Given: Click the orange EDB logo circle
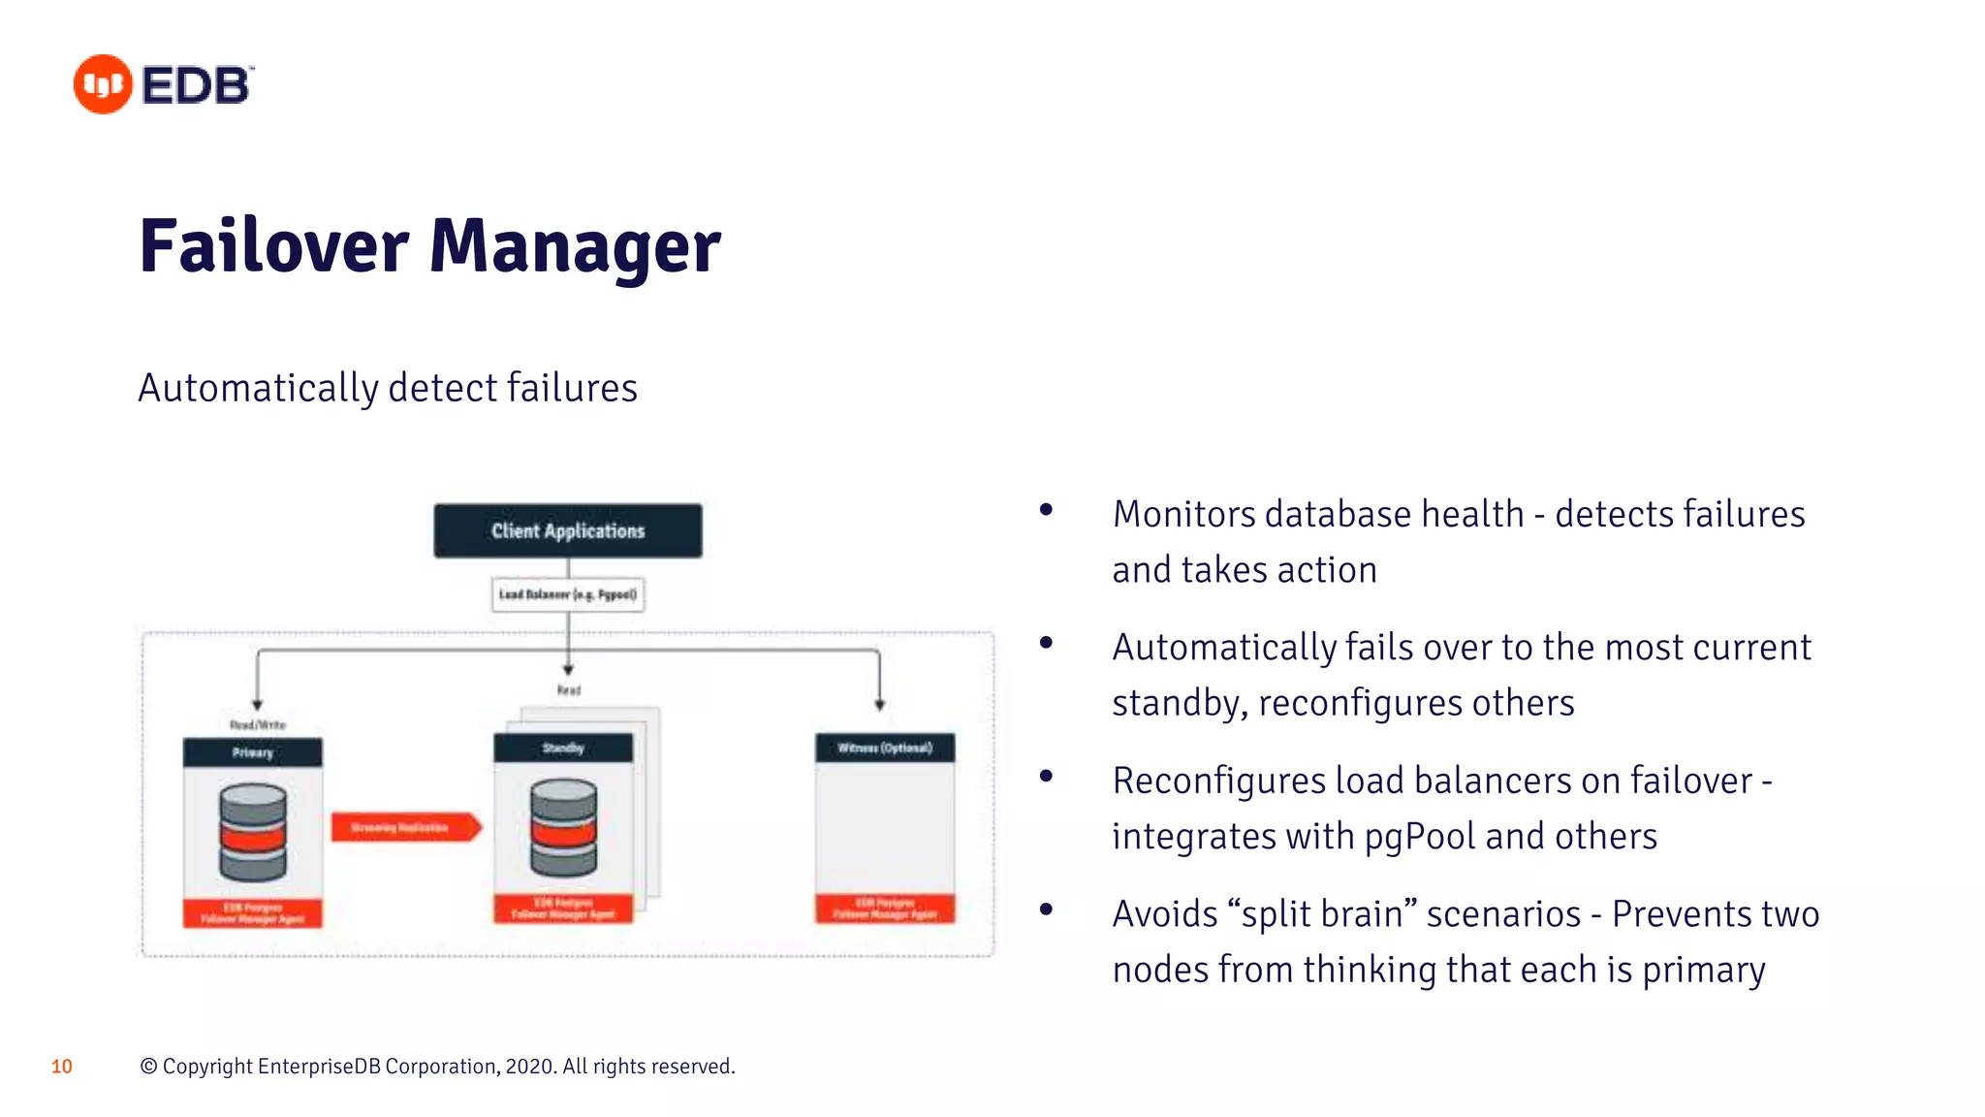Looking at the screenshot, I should tap(102, 84).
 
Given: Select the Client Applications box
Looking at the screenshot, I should tap(568, 530).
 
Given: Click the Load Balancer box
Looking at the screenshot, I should tap(568, 594).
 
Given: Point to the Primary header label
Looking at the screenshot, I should tap(253, 752).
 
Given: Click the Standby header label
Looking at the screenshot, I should tap(563, 748).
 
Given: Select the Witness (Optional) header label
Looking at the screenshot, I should tap(885, 748).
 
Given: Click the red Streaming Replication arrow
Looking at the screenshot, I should tap(404, 827).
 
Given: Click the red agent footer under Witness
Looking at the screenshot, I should tap(885, 909).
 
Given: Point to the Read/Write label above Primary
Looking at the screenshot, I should tap(257, 724).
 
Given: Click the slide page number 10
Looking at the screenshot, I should tap(61, 1067).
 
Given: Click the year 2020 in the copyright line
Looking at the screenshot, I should tap(529, 1067).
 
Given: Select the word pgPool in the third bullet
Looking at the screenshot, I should tap(1420, 837).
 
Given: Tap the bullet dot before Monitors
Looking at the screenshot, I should tap(1046, 510).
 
